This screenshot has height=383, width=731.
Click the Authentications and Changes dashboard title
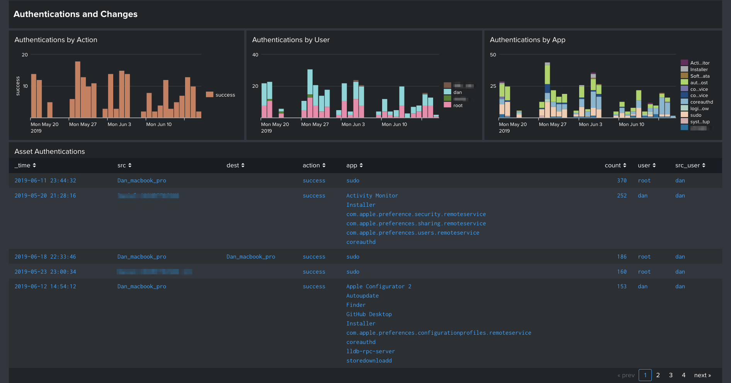coord(75,14)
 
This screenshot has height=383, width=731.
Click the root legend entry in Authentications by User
coord(457,106)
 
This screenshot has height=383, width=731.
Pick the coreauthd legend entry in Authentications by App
coord(701,102)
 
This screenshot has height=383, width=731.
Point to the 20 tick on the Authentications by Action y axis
coord(25,55)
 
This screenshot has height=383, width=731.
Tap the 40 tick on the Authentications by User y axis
coord(255,55)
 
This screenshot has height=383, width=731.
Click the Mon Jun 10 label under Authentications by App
coord(631,124)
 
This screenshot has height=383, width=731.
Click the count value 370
coord(622,180)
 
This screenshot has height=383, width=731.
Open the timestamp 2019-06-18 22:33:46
coord(45,257)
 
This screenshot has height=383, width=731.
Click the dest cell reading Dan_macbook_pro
coord(251,257)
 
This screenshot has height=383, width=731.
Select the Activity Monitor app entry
coord(372,196)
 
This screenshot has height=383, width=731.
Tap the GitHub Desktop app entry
coord(369,314)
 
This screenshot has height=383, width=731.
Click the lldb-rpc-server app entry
coord(371,351)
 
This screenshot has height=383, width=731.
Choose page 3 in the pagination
coord(671,375)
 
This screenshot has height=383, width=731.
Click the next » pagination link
coord(702,375)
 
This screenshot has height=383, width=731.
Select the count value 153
coord(622,286)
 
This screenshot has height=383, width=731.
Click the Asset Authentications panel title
coord(49,151)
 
